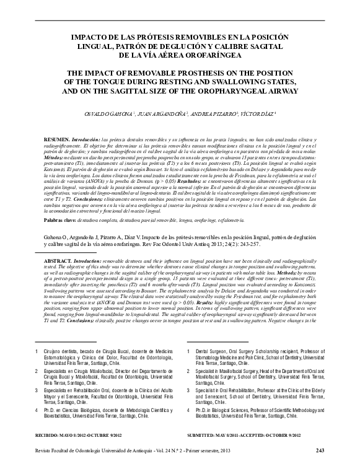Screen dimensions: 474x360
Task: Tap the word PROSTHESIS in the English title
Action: (210, 71)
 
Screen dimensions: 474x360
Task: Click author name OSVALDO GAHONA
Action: (110, 115)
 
